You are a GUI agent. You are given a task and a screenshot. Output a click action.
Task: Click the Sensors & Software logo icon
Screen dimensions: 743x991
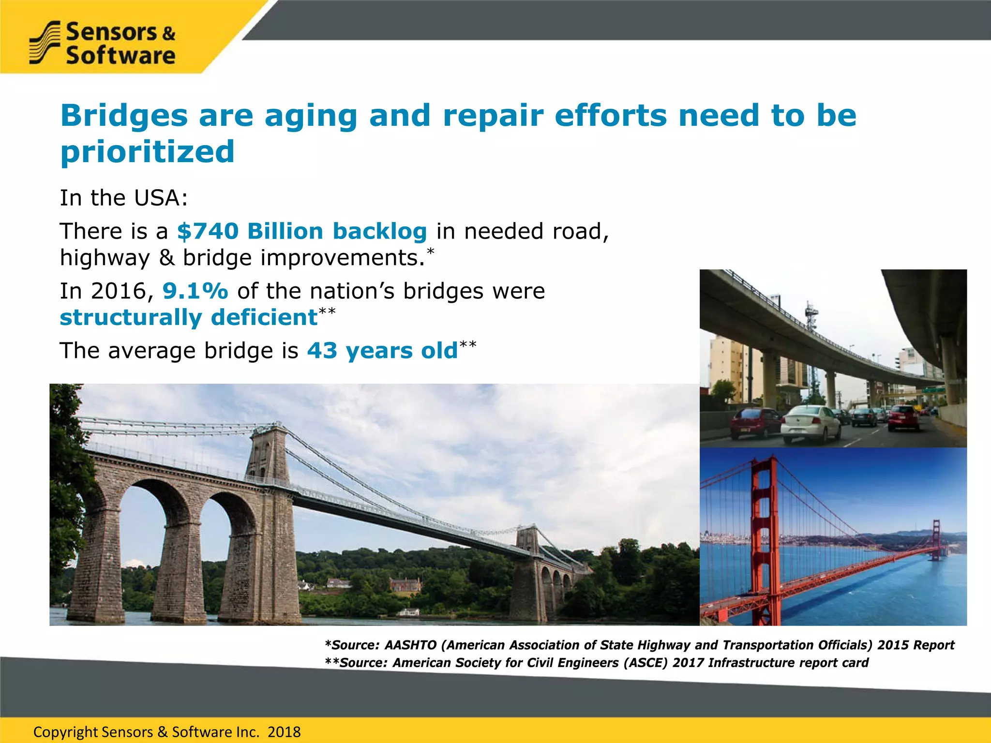pos(45,43)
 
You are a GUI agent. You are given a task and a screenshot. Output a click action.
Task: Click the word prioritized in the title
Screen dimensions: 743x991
pos(147,152)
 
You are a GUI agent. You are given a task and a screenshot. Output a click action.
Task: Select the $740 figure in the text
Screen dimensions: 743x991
pos(208,231)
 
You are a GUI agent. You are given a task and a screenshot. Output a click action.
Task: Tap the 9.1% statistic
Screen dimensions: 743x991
pos(195,291)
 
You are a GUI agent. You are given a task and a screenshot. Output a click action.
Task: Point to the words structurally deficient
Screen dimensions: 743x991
pos(188,318)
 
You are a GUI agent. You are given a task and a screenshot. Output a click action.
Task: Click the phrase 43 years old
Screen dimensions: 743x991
pos(382,351)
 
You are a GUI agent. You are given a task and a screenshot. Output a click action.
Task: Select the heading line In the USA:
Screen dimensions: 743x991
pos(123,198)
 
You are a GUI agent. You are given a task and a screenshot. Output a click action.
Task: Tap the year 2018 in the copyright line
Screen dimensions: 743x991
pos(284,732)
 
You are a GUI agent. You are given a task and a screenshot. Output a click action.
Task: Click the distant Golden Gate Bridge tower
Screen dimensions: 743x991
pos(936,539)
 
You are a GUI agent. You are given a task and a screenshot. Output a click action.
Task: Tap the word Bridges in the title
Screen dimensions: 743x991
pos(124,116)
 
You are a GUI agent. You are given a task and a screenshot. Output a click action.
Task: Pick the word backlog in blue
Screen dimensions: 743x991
pos(379,231)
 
